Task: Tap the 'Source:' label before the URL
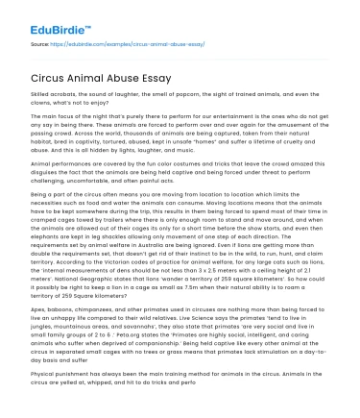coord(41,43)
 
